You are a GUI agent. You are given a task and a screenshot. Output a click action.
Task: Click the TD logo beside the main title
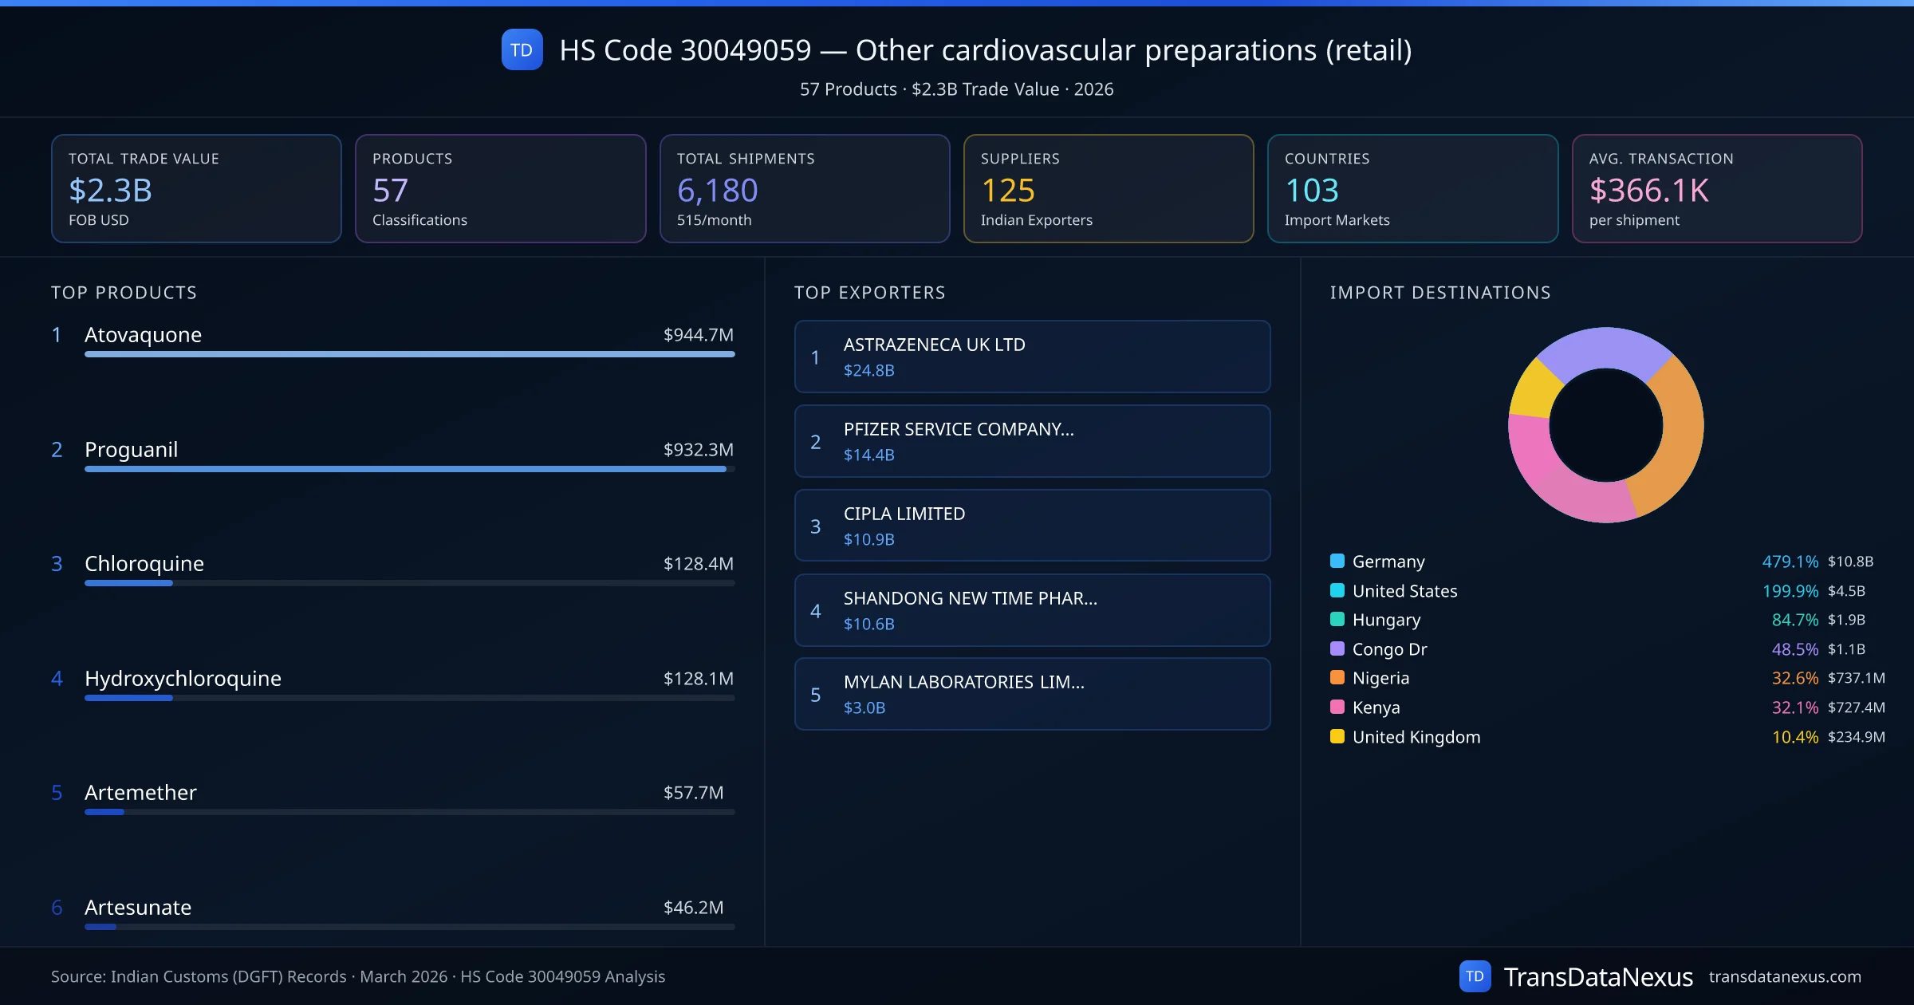point(522,49)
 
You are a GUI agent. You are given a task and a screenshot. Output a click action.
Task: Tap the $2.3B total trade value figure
point(110,190)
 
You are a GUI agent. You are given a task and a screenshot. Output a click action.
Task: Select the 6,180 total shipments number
point(717,190)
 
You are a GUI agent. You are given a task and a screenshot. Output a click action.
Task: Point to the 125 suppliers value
point(1007,190)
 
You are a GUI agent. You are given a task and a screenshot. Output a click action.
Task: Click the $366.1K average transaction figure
point(1648,190)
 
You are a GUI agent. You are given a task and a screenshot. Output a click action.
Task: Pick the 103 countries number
point(1312,190)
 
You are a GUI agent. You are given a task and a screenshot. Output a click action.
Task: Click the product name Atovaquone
point(143,334)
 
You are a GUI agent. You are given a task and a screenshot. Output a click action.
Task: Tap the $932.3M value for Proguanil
point(698,449)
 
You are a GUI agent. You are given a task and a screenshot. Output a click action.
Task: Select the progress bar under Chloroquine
point(409,583)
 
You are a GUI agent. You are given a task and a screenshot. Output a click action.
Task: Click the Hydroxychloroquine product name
point(183,678)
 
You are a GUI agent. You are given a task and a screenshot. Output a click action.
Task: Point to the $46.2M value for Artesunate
point(693,907)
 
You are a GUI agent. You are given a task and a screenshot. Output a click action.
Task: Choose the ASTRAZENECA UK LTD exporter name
point(934,345)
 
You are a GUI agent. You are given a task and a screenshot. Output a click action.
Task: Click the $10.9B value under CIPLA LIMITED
point(868,539)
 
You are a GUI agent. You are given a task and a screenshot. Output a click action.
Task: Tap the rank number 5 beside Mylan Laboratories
point(815,695)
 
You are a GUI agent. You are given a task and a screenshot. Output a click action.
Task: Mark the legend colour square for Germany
point(1337,561)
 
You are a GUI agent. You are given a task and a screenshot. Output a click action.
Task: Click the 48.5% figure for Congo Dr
point(1794,649)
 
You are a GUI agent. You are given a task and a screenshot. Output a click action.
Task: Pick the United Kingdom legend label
point(1416,737)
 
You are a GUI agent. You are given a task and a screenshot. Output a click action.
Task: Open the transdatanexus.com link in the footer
point(1784,976)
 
